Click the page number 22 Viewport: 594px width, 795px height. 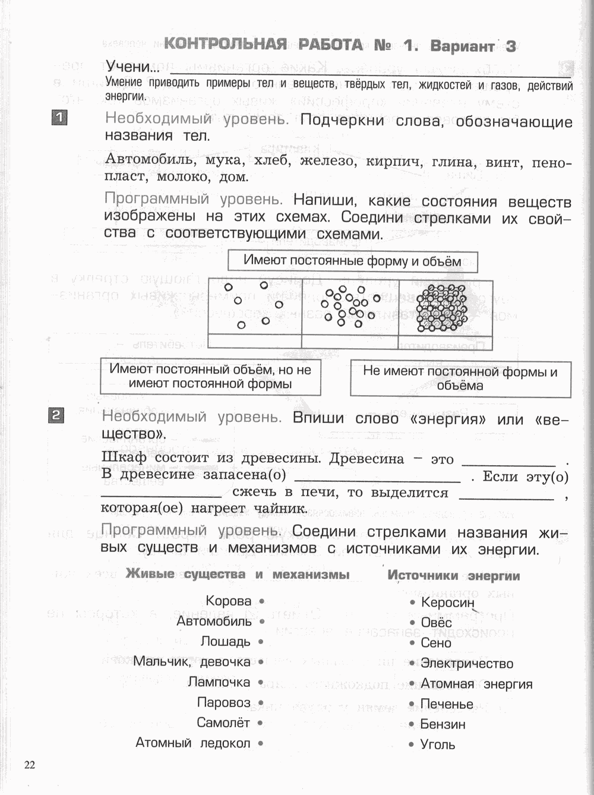click(x=30, y=765)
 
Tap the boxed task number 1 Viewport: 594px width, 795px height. click(x=59, y=117)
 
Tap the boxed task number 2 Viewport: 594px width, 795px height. click(x=56, y=415)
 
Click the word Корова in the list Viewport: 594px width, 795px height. click(x=229, y=601)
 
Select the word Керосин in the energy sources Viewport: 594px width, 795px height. click(x=447, y=602)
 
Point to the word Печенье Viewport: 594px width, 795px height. click(x=447, y=704)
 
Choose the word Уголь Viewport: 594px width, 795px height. click(x=438, y=744)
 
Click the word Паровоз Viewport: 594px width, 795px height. click(x=224, y=702)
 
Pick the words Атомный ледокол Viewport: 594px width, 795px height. click(x=193, y=743)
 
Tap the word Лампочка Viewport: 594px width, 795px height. click(x=219, y=682)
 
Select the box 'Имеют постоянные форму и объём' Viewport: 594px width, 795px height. click(x=352, y=261)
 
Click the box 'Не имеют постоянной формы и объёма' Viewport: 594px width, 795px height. click(x=460, y=378)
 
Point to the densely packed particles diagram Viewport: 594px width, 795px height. click(x=443, y=307)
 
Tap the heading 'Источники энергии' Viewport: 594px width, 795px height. click(x=454, y=575)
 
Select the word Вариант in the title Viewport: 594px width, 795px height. click(x=462, y=46)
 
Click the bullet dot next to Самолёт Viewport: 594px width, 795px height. click(x=261, y=723)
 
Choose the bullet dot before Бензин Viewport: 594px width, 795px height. click(x=412, y=724)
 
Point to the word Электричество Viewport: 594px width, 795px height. click(x=467, y=663)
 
